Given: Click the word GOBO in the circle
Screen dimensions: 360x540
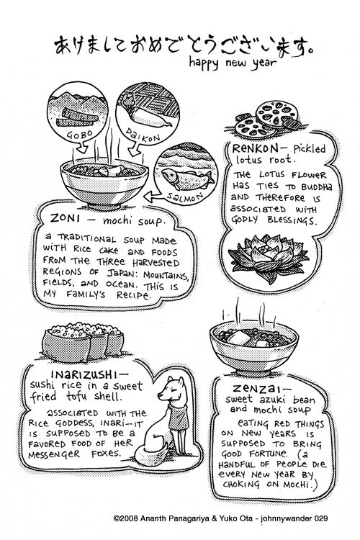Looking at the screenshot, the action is (x=77, y=134).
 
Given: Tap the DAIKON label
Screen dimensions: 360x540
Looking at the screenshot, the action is (x=143, y=135).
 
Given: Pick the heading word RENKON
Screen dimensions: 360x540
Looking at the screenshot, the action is (x=256, y=148).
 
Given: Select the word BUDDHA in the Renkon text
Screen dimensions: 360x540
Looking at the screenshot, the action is (x=317, y=187).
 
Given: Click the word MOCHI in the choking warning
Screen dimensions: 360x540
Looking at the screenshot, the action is (x=296, y=485).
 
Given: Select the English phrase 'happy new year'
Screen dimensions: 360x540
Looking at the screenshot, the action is (x=233, y=63).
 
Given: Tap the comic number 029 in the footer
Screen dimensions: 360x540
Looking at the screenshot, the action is (x=320, y=518).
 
